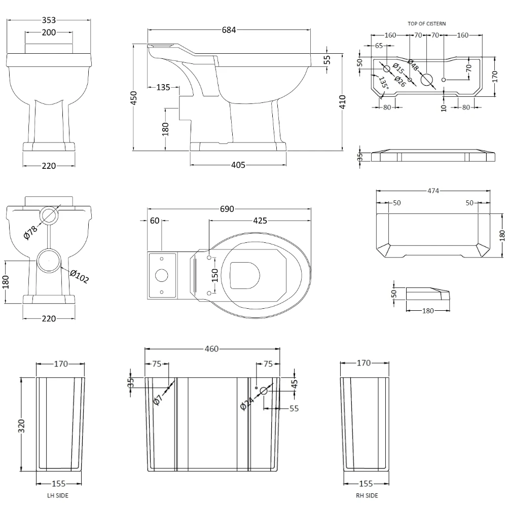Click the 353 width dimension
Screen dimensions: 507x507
tap(49, 20)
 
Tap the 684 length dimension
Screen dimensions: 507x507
tap(229, 30)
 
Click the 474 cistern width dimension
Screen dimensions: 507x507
tap(432, 191)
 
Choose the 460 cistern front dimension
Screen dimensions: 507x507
tap(211, 349)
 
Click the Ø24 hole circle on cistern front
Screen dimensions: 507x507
tap(264, 391)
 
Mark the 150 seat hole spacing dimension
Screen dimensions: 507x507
tap(214, 275)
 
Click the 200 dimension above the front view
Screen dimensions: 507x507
tap(49, 33)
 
